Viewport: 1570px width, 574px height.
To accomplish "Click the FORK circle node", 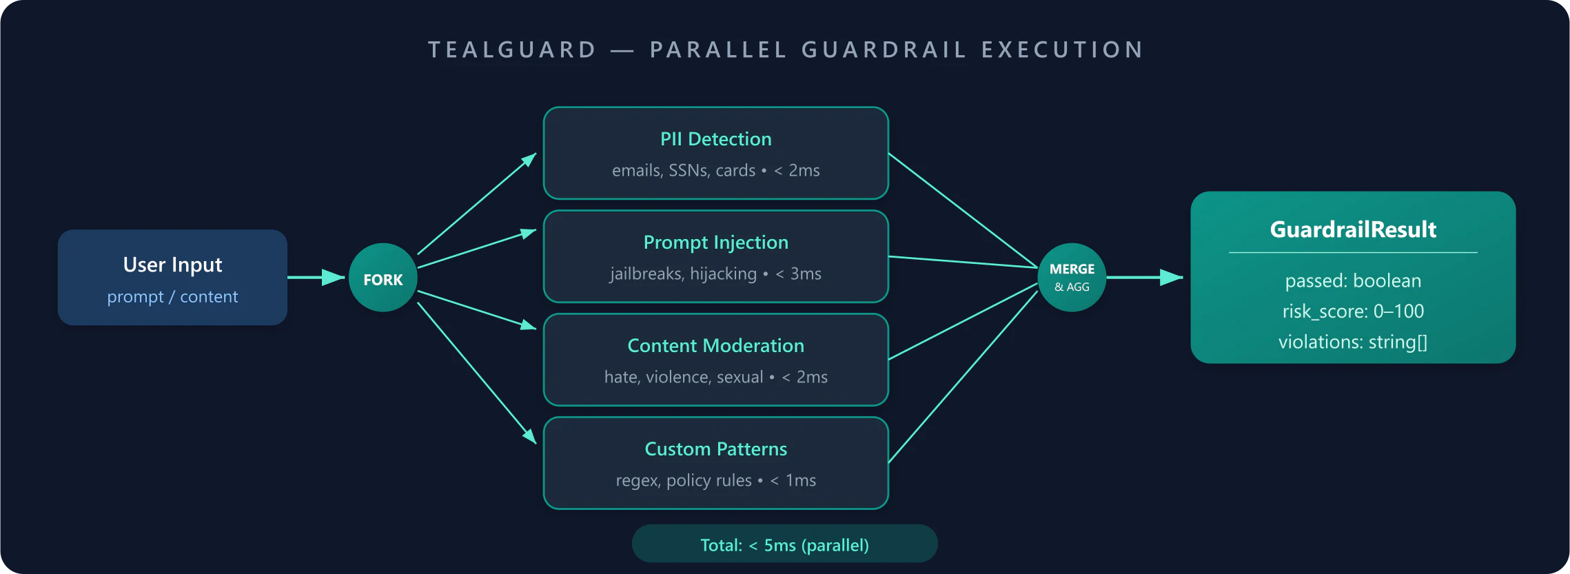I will [x=383, y=278].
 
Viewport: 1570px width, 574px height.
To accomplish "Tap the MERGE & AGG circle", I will [x=1072, y=278].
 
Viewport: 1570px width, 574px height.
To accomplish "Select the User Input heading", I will [x=172, y=265].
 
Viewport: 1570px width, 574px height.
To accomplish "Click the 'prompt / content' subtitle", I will [x=172, y=297].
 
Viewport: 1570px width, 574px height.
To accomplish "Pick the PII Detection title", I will [x=715, y=139].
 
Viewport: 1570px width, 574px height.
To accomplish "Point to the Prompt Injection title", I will [x=715, y=243].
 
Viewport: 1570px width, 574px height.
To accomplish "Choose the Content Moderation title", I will [x=715, y=346].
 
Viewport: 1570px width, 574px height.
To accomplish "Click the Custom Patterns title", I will [x=715, y=449].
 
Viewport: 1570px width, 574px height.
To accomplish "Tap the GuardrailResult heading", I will [x=1352, y=229].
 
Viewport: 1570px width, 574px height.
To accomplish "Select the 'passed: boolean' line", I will [x=1352, y=281].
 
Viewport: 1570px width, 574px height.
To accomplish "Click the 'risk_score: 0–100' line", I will [x=1352, y=311].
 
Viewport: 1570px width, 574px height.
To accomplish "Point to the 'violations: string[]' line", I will [x=1352, y=342].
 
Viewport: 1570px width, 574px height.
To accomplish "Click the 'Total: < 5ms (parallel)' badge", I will [x=784, y=545].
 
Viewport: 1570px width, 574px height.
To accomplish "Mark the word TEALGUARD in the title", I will [x=512, y=50].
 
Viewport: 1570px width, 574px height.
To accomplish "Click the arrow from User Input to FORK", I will [x=316, y=278].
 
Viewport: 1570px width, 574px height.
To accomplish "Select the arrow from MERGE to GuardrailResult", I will [x=1144, y=278].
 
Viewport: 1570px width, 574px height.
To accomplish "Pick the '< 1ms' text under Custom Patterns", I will [x=793, y=481].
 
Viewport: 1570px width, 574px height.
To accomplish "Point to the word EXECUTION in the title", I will [x=1062, y=50].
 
